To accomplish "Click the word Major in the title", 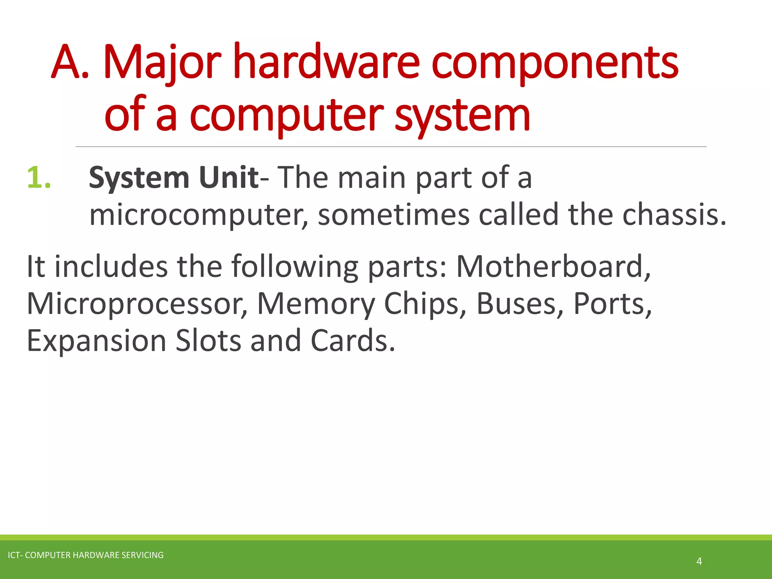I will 162,62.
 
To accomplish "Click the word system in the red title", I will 463,115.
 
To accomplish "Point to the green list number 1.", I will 38,177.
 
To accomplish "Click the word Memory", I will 316,304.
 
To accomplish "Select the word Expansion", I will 96,341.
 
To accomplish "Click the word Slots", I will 208,341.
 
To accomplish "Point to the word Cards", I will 353,341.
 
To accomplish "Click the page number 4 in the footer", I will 699,561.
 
